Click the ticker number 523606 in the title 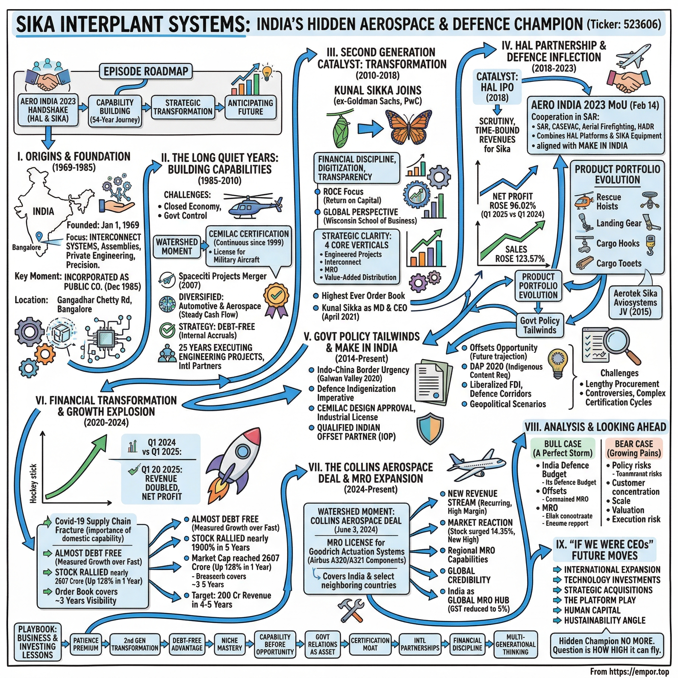tap(642, 24)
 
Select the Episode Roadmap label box tap(146, 72)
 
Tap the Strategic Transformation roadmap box tap(183, 107)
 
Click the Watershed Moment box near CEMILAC tap(177, 247)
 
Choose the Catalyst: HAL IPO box tap(497, 87)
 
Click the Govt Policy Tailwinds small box tap(540, 325)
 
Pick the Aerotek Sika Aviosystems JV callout tap(635, 302)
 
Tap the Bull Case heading tap(562, 448)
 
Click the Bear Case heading tap(634, 448)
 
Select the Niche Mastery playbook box tap(229, 644)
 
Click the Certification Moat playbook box tap(370, 644)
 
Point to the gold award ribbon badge tap(276, 298)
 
